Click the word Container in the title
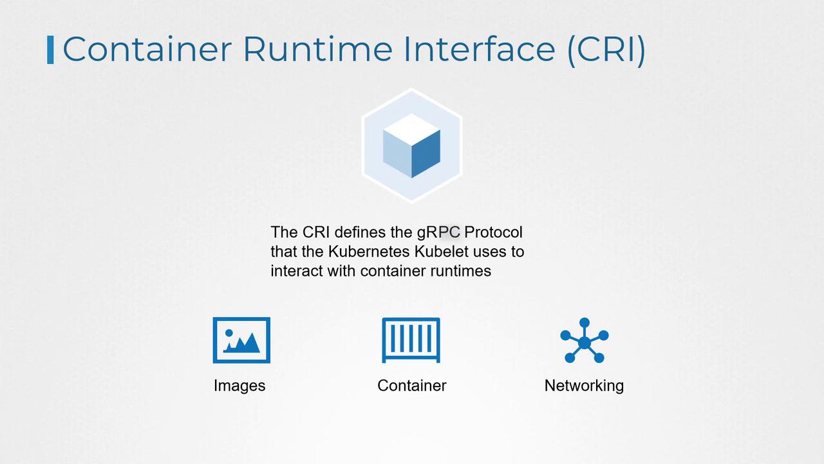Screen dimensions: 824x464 tap(147, 49)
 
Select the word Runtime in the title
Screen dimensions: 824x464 tap(318, 49)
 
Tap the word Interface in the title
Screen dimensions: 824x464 tap(480, 49)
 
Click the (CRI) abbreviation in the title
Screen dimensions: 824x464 tap(606, 50)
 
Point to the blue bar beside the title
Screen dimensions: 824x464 tap(50, 50)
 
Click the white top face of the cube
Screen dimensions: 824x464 tap(411, 130)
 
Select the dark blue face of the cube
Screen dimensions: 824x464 tap(426, 154)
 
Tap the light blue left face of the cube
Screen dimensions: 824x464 tap(397, 154)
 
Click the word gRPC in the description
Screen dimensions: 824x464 tap(438, 233)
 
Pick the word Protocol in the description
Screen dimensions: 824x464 tap(493, 233)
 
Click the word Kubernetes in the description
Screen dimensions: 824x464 tap(369, 252)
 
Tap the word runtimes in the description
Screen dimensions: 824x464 tap(460, 271)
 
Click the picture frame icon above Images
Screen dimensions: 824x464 tap(241, 340)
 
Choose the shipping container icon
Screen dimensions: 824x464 tap(411, 340)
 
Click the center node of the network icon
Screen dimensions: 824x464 tap(584, 343)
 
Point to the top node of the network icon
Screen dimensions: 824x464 tap(585, 323)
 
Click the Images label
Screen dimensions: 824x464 tap(239, 386)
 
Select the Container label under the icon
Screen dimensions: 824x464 tap(411, 386)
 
